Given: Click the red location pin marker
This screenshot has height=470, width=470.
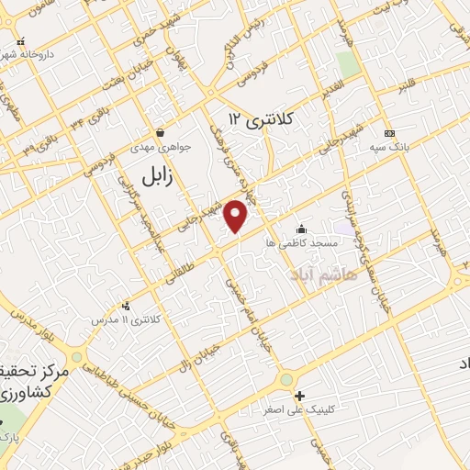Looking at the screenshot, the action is pyautogui.click(x=237, y=216).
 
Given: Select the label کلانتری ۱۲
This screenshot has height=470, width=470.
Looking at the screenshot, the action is pyautogui.click(x=263, y=119).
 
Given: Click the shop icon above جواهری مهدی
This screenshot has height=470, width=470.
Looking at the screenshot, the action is pyautogui.click(x=161, y=132).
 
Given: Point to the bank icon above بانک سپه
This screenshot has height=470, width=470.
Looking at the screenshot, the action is pyautogui.click(x=389, y=132).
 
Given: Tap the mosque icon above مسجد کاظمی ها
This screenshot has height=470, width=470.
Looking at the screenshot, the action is pyautogui.click(x=301, y=229).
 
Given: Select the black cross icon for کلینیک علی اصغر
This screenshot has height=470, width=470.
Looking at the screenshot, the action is pyautogui.click(x=298, y=397).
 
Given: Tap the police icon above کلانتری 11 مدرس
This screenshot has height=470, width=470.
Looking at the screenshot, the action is pyautogui.click(x=126, y=306).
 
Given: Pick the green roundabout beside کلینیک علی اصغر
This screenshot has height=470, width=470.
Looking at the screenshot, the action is pyautogui.click(x=287, y=378).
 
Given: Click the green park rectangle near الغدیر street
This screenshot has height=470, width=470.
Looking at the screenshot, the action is pyautogui.click(x=347, y=62).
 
